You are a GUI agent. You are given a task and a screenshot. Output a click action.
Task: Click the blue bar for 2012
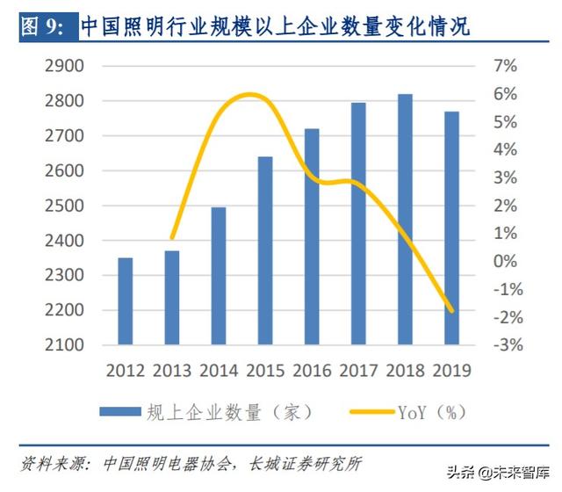(126, 301)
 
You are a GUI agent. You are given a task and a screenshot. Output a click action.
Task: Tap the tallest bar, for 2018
(404, 220)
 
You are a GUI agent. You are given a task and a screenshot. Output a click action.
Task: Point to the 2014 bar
(219, 276)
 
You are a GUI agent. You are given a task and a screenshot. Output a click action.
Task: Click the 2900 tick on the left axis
(63, 67)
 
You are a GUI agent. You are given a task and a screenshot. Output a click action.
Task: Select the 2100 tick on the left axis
(63, 345)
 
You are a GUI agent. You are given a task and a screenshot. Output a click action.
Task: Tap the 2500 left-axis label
(63, 206)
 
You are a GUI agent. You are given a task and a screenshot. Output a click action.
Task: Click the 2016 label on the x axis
(311, 370)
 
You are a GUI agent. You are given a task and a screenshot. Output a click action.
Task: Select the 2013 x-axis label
(172, 370)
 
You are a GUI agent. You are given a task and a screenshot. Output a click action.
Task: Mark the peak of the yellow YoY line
(250, 94)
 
